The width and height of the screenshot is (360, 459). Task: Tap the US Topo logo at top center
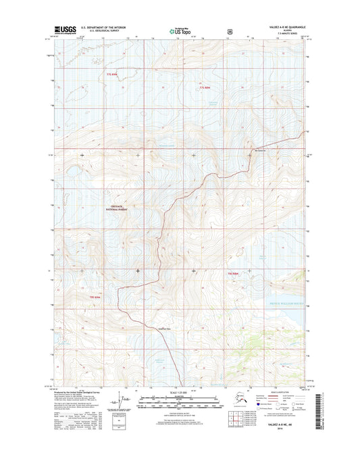[177, 30]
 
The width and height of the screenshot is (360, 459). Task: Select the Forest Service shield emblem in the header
[230, 31]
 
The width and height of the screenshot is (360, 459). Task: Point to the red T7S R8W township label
[206, 87]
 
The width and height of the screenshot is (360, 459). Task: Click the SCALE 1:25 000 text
[179, 393]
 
